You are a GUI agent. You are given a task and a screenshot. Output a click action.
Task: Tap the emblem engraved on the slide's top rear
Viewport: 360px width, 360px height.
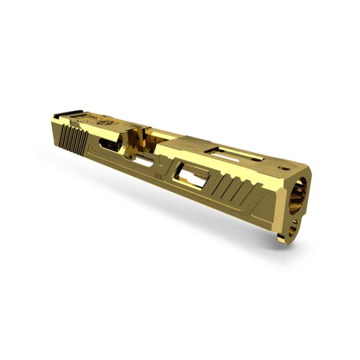point(103,123)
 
